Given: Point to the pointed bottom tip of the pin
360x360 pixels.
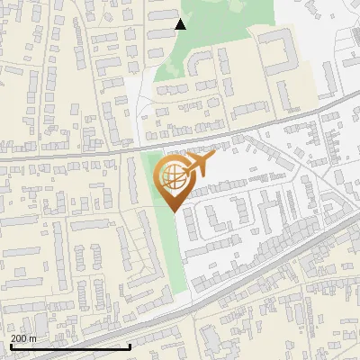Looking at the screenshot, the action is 174,211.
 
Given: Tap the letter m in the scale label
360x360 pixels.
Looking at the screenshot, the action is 33,338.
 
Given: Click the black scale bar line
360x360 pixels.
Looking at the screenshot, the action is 70,346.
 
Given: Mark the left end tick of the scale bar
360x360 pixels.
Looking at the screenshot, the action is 10,345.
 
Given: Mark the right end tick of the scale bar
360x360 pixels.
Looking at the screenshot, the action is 130,345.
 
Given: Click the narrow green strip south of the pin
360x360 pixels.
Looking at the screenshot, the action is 175,252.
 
